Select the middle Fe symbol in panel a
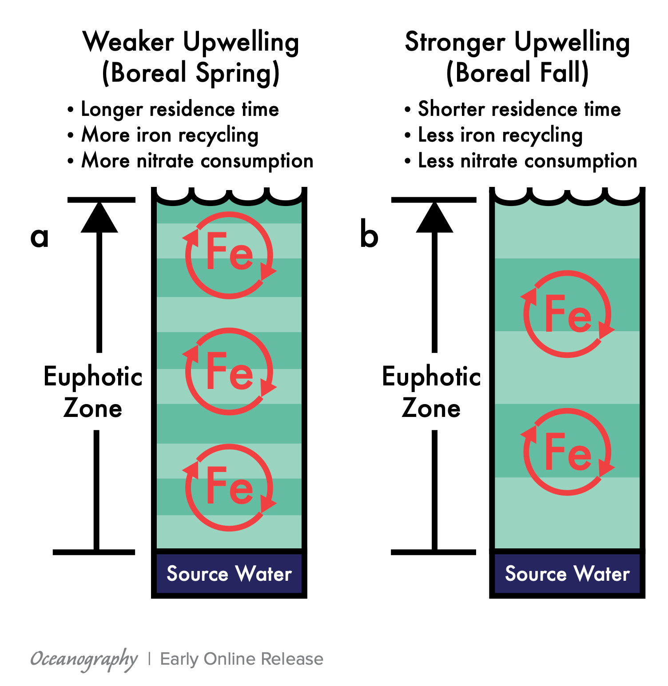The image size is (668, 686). (x=229, y=371)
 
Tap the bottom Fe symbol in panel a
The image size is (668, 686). (x=229, y=487)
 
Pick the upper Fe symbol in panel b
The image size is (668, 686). (x=568, y=314)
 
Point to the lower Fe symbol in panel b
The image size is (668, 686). (x=568, y=452)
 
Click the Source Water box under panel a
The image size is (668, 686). (x=229, y=574)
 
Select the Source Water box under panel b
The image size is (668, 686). (x=568, y=574)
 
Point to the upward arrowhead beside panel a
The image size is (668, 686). (x=99, y=218)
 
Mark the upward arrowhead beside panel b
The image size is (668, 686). (x=434, y=218)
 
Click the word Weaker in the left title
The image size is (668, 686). (x=129, y=43)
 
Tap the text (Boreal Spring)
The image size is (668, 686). (x=191, y=73)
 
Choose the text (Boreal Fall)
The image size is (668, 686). (x=517, y=73)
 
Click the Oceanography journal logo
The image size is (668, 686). (x=84, y=659)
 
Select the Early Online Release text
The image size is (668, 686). (x=242, y=659)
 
